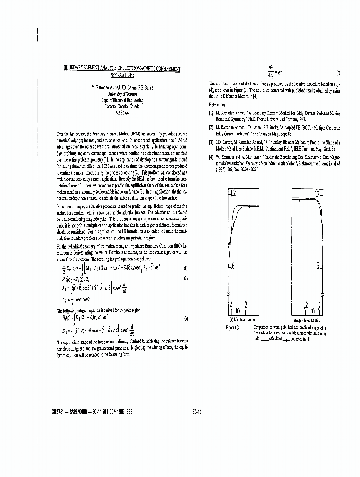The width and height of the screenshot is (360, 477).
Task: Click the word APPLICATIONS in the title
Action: [123, 75]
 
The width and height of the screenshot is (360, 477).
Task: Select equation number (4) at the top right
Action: [338, 73]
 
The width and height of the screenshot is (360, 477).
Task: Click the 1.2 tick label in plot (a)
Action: [232, 194]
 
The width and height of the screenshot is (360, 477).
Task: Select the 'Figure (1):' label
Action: [233, 327]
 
